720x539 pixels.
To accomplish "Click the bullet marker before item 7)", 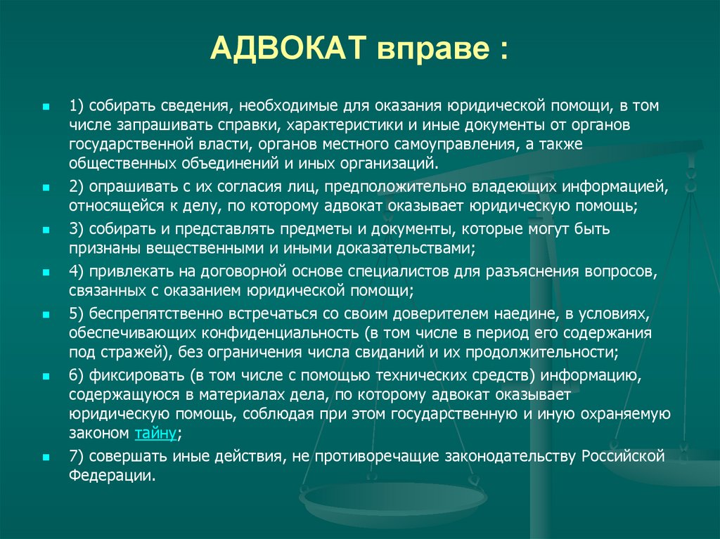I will (x=46, y=457).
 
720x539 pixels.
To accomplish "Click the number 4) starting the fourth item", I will (x=77, y=271).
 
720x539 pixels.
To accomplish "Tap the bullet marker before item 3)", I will (x=46, y=230).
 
